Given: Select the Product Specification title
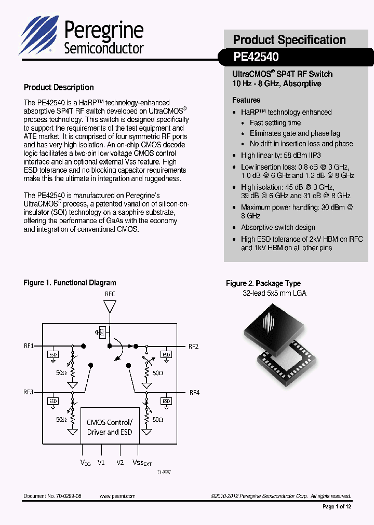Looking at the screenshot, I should [x=289, y=40].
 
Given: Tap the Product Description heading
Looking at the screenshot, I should [x=59, y=88].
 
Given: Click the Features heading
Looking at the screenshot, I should [x=246, y=100].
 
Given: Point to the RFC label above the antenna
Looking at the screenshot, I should [x=110, y=294].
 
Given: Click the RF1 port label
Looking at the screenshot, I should [x=29, y=346].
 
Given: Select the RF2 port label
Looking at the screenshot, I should [x=193, y=346].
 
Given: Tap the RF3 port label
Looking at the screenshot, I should [x=29, y=392].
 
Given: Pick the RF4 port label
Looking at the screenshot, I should [x=194, y=392].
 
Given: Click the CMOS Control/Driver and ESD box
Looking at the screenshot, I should [x=110, y=427].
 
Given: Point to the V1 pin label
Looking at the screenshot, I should [x=101, y=462].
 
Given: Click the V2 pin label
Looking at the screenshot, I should [x=120, y=462].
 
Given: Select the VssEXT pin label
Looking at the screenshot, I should [x=141, y=463].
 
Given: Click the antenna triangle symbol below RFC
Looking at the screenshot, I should [x=110, y=307].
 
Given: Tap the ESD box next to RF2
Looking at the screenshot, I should [x=166, y=355].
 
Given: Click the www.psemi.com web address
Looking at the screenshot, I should [x=117, y=496].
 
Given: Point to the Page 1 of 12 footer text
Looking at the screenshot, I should [x=337, y=507].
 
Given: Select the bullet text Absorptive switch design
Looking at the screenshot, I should [x=278, y=227].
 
